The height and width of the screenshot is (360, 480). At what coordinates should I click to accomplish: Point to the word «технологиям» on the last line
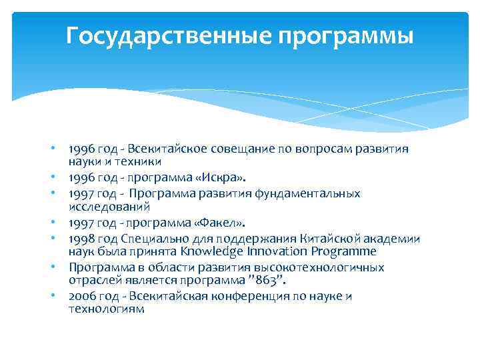click(106, 309)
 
